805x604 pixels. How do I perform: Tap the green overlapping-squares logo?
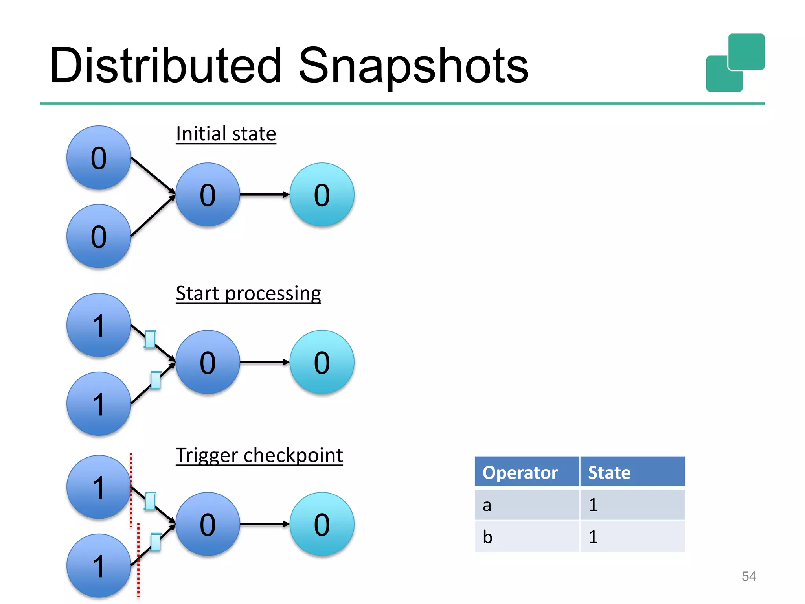pos(735,63)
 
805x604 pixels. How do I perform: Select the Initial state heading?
pos(226,134)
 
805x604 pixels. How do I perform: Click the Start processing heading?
pos(248,294)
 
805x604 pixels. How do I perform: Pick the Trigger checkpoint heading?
pos(259,456)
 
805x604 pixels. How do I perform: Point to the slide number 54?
pos(748,576)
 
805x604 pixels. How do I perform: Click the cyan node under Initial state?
pos(322,195)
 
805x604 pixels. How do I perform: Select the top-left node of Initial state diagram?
pos(99,158)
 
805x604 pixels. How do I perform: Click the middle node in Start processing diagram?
pos(208,362)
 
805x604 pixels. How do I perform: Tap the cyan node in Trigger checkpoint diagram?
pos(322,524)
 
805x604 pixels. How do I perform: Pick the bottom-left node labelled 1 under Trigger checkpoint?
pos(99,566)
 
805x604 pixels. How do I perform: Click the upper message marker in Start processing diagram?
pos(150,339)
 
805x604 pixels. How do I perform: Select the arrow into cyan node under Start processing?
pos(264,362)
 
